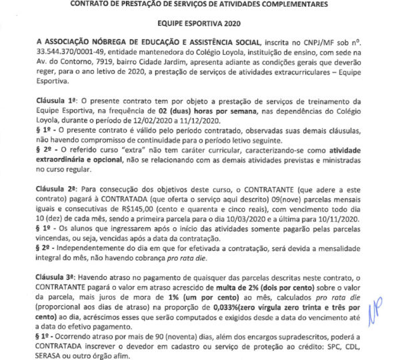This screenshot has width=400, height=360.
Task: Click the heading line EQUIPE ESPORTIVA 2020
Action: (x=200, y=21)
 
